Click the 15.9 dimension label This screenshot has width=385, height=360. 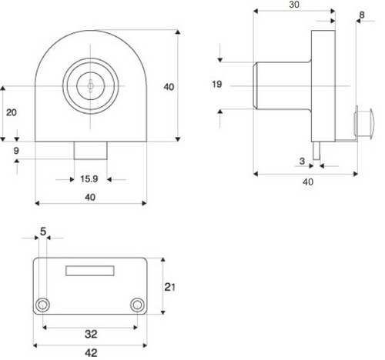(89, 178)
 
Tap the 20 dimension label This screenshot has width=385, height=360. (12, 112)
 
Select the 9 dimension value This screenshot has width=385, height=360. (16, 151)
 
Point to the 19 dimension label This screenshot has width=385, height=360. (217, 84)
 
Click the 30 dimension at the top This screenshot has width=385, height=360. (294, 5)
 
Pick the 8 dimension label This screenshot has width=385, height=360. (362, 15)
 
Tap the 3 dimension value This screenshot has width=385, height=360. (302, 161)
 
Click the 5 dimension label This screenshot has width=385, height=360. (43, 232)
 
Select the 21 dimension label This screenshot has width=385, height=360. (169, 287)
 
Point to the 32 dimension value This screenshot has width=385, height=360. (91, 334)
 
